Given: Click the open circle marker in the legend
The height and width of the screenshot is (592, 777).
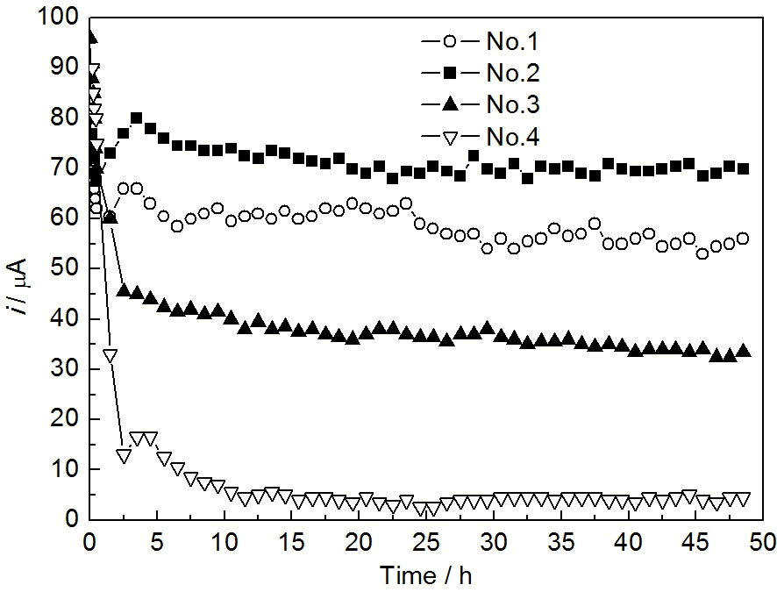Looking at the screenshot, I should pos(449,40).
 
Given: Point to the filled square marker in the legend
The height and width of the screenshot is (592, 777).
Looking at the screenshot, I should pos(449,73).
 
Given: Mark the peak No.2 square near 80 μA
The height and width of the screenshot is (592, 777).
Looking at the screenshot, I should pos(137,118).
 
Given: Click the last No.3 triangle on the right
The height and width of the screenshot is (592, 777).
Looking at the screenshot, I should pos(744,351).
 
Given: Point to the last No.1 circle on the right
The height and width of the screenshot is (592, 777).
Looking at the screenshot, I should pos(743,239).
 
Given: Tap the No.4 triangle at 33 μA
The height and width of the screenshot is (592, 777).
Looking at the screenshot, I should pos(110,355).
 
